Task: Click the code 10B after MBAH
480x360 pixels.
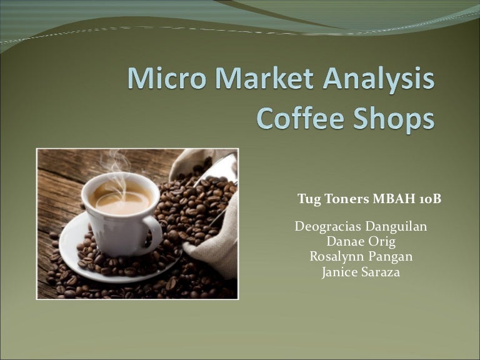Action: [x=430, y=199]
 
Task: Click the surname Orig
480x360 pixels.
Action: [x=383, y=242]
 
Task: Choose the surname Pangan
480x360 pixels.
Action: [x=391, y=257]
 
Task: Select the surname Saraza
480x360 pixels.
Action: [x=379, y=272]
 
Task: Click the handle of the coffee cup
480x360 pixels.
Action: [x=153, y=231]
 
